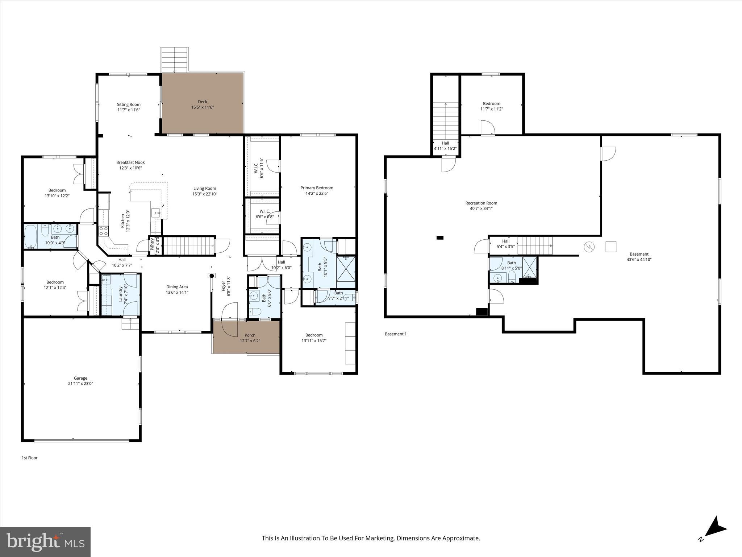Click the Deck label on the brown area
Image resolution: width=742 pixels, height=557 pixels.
click(203, 102)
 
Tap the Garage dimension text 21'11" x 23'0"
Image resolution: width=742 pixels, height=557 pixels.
click(80, 383)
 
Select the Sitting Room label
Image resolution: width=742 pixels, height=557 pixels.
click(129, 104)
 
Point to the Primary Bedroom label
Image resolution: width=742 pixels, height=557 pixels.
click(317, 188)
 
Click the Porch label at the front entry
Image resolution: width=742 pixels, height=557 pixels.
click(250, 335)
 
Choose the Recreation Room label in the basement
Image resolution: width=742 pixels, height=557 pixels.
click(481, 203)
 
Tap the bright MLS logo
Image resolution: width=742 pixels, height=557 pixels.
click(45, 542)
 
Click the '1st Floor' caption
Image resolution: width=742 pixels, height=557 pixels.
click(30, 458)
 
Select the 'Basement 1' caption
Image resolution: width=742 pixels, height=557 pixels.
click(396, 334)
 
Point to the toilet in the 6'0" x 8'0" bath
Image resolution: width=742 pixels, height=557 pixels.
click(256, 311)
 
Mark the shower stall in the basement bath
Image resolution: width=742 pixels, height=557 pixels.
click(529, 267)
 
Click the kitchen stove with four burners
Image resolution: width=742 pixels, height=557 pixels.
click(104, 231)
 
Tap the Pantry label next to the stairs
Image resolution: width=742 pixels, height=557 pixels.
click(153, 244)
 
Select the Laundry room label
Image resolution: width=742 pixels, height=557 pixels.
click(121, 294)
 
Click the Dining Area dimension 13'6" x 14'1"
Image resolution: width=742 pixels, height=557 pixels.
click(177, 292)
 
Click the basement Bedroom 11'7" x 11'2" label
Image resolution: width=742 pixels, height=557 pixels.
click(491, 103)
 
